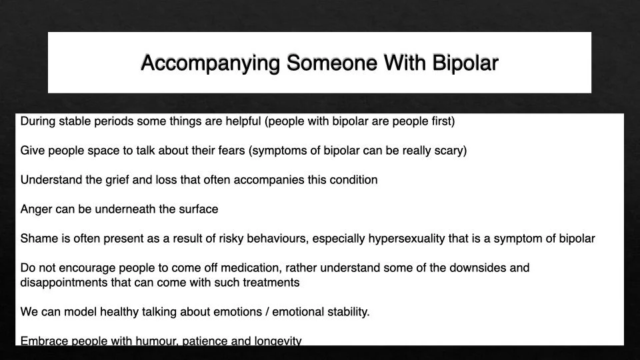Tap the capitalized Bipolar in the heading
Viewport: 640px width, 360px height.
click(465, 63)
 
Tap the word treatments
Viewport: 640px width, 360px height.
click(273, 283)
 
